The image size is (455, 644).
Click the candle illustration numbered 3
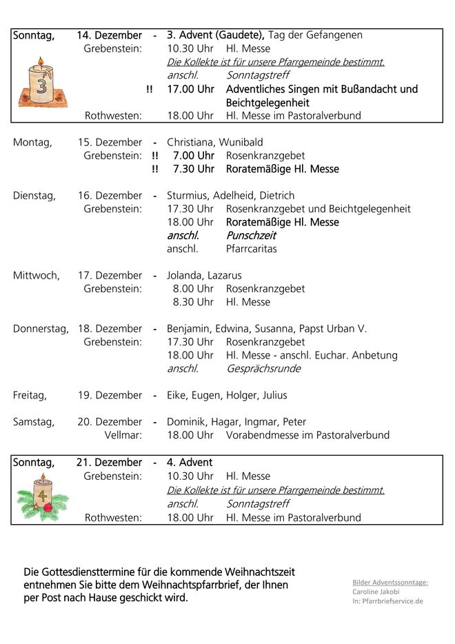[x=41, y=83]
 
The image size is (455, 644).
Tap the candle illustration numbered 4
[x=42, y=496]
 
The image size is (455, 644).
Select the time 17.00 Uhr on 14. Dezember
[x=190, y=89]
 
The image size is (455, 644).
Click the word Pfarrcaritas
[x=251, y=249]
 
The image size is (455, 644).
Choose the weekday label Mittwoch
[x=36, y=275]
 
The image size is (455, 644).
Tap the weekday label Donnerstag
[x=41, y=329]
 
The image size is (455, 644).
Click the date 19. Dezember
[x=110, y=395]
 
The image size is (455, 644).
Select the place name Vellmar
[x=123, y=435]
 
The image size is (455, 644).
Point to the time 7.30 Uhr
[x=193, y=169]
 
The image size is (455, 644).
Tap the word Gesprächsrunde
[x=263, y=369]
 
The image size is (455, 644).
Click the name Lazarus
[x=224, y=275]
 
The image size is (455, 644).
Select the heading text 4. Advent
[x=190, y=463]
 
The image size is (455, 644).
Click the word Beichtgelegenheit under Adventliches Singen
[x=267, y=103]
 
